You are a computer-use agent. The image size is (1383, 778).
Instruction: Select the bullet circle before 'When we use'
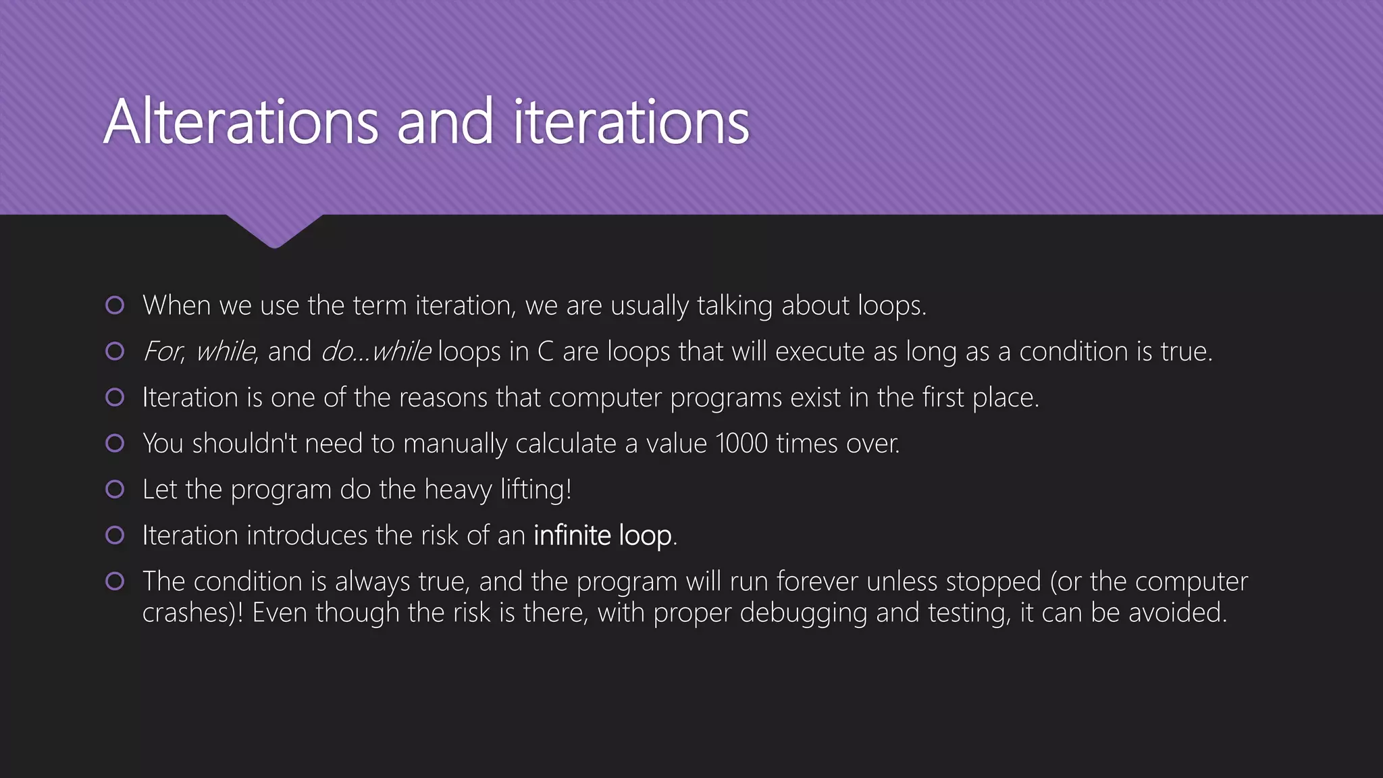[115, 305]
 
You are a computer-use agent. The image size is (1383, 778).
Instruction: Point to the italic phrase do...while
[375, 352]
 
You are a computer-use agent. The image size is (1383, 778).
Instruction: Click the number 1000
[741, 444]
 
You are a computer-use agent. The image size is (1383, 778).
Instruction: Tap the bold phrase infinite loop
[602, 536]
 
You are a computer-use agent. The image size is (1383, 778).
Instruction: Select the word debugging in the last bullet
[804, 613]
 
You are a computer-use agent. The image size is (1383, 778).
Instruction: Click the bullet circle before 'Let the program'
[115, 489]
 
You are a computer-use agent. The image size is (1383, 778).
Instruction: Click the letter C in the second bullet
[546, 352]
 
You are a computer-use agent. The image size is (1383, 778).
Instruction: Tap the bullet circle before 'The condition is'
[115, 581]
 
